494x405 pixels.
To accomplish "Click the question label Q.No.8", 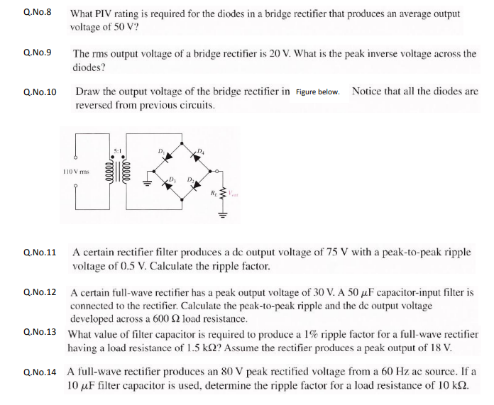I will click(38, 13).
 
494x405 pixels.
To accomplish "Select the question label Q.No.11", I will click(40, 253).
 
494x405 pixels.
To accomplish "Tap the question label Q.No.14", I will click(40, 372).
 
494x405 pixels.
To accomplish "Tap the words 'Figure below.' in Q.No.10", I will click(317, 92).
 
